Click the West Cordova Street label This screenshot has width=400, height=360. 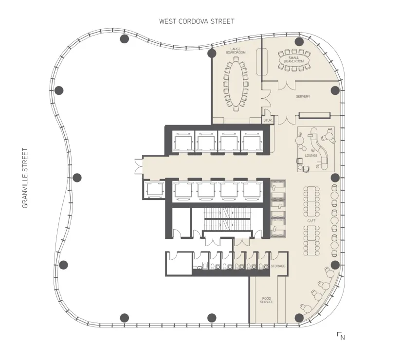197,21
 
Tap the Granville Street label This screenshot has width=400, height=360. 25,178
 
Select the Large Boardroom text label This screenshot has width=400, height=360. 236,51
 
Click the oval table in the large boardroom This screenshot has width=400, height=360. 236,84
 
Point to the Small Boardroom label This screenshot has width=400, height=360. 294,60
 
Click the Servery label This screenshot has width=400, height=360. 303,96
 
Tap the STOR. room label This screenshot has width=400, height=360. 268,120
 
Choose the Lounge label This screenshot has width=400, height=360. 311,155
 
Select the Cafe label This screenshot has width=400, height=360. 311,221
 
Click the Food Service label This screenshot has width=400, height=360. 267,300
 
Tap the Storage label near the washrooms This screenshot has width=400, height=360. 278,266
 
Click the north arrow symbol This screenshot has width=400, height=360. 341,336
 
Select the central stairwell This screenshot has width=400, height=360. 227,219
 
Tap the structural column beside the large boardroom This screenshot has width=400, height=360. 212,54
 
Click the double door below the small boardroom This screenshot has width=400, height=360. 287,85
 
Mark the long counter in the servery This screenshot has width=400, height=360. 314,115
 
